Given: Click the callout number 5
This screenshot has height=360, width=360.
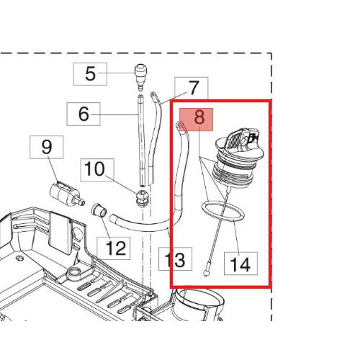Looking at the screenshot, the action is [90, 73].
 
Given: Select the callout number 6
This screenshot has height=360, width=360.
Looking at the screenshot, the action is [84, 114].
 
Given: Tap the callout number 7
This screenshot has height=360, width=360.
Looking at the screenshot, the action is [194, 88].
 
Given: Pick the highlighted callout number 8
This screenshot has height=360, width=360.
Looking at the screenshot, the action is [199, 118].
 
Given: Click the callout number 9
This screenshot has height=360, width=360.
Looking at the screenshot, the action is [47, 147].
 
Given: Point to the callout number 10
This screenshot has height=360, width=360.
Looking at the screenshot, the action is [94, 168].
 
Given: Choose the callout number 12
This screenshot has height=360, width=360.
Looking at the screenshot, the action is [116, 248].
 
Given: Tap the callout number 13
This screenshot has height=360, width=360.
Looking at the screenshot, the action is [176, 260].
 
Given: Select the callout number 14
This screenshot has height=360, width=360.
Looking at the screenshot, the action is [240, 264].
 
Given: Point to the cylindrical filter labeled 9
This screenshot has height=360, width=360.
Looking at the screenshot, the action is [65, 193].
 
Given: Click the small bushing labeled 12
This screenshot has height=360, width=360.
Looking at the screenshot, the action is [99, 210].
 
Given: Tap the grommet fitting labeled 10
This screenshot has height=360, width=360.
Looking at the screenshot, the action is [143, 197].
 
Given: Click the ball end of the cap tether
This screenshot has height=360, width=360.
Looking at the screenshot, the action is [206, 273].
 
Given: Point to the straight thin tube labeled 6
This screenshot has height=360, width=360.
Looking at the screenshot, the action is [141, 140].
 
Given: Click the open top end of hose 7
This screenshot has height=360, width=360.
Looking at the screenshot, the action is [153, 94].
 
